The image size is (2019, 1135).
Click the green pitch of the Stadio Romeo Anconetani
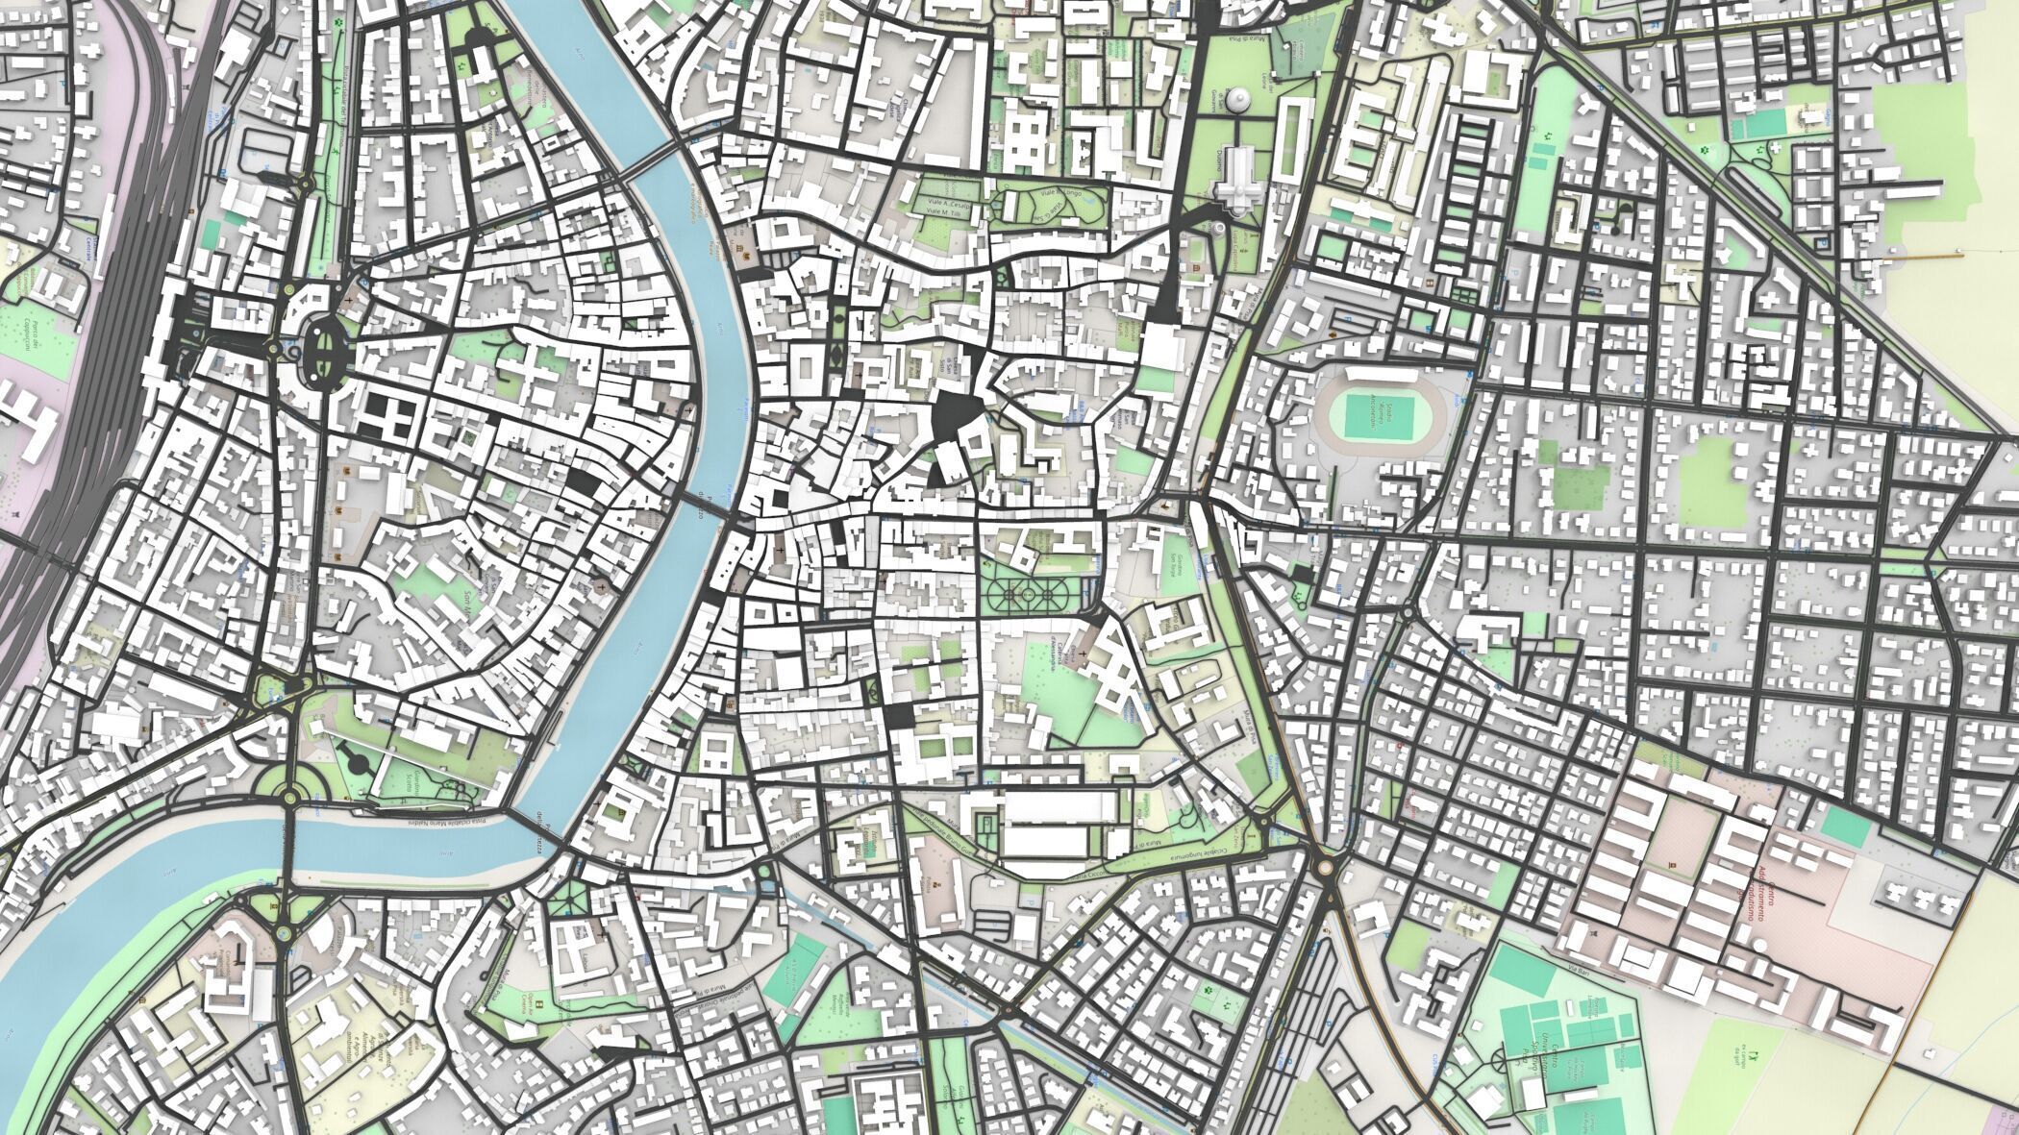tap(1380, 416)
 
